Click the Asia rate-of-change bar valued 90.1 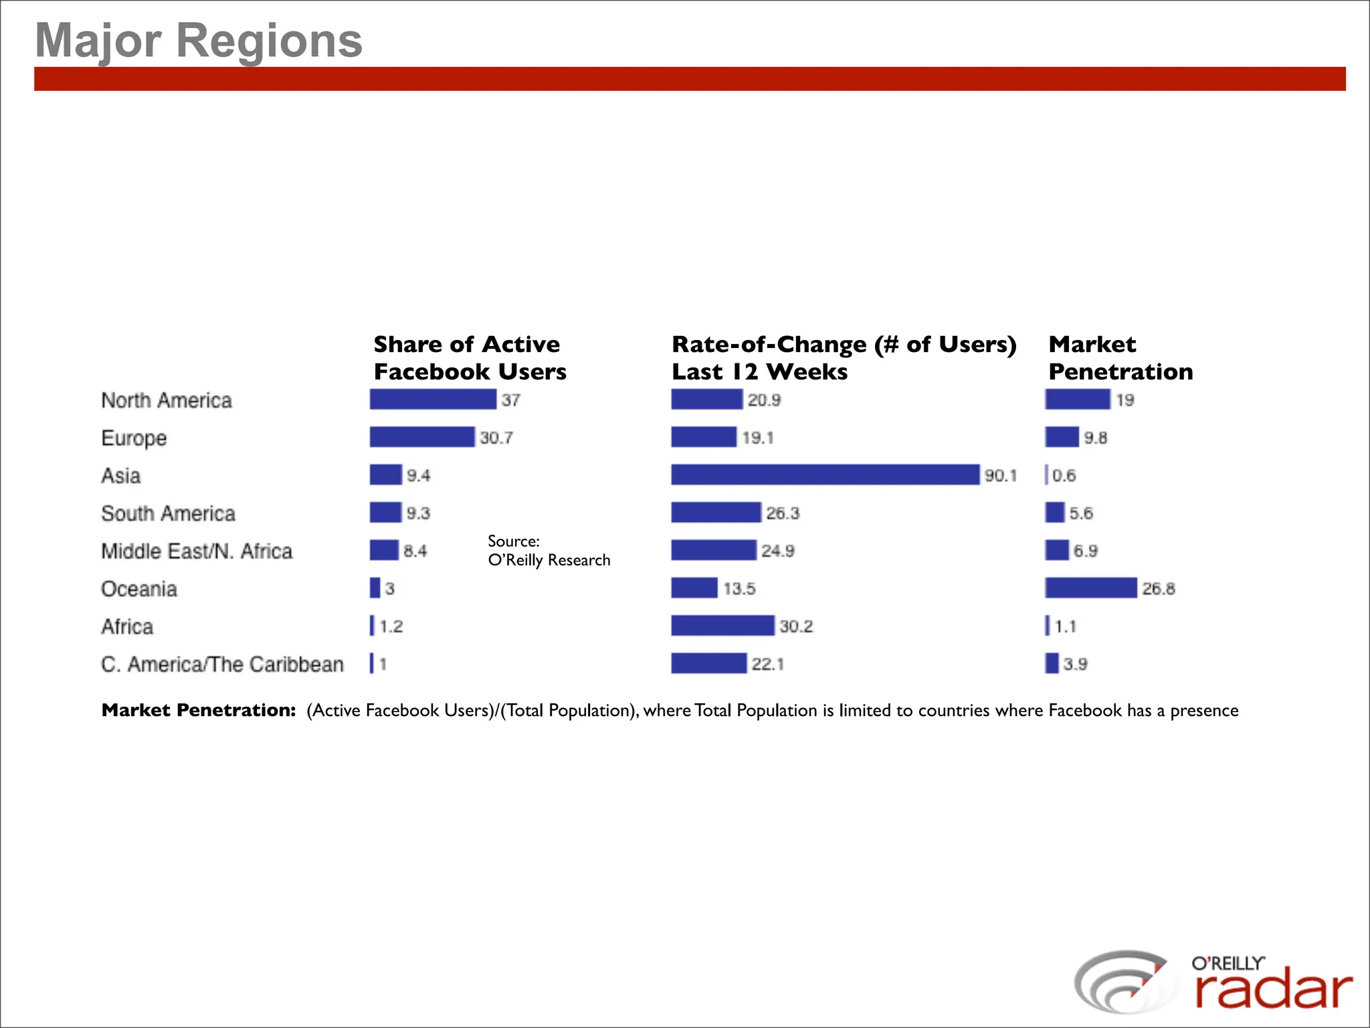coord(825,475)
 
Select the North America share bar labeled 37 coord(433,400)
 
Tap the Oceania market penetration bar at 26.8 coord(1090,588)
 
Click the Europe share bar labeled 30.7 coord(421,437)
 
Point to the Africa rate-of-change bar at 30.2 coord(722,626)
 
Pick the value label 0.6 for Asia coord(1064,475)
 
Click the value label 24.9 coord(777,551)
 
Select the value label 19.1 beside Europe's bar coord(757,438)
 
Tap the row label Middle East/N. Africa coord(197,551)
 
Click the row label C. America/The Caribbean coord(222,664)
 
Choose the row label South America coord(168,513)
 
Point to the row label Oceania coord(139,589)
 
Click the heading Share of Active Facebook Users coord(470,357)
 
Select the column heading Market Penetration coord(1120,357)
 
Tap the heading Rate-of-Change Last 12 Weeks coord(843,357)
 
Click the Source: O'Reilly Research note coord(549,550)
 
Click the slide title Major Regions coord(199,40)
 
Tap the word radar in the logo coord(1273,991)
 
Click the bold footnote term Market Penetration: coord(199,710)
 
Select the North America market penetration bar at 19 coord(1077,400)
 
